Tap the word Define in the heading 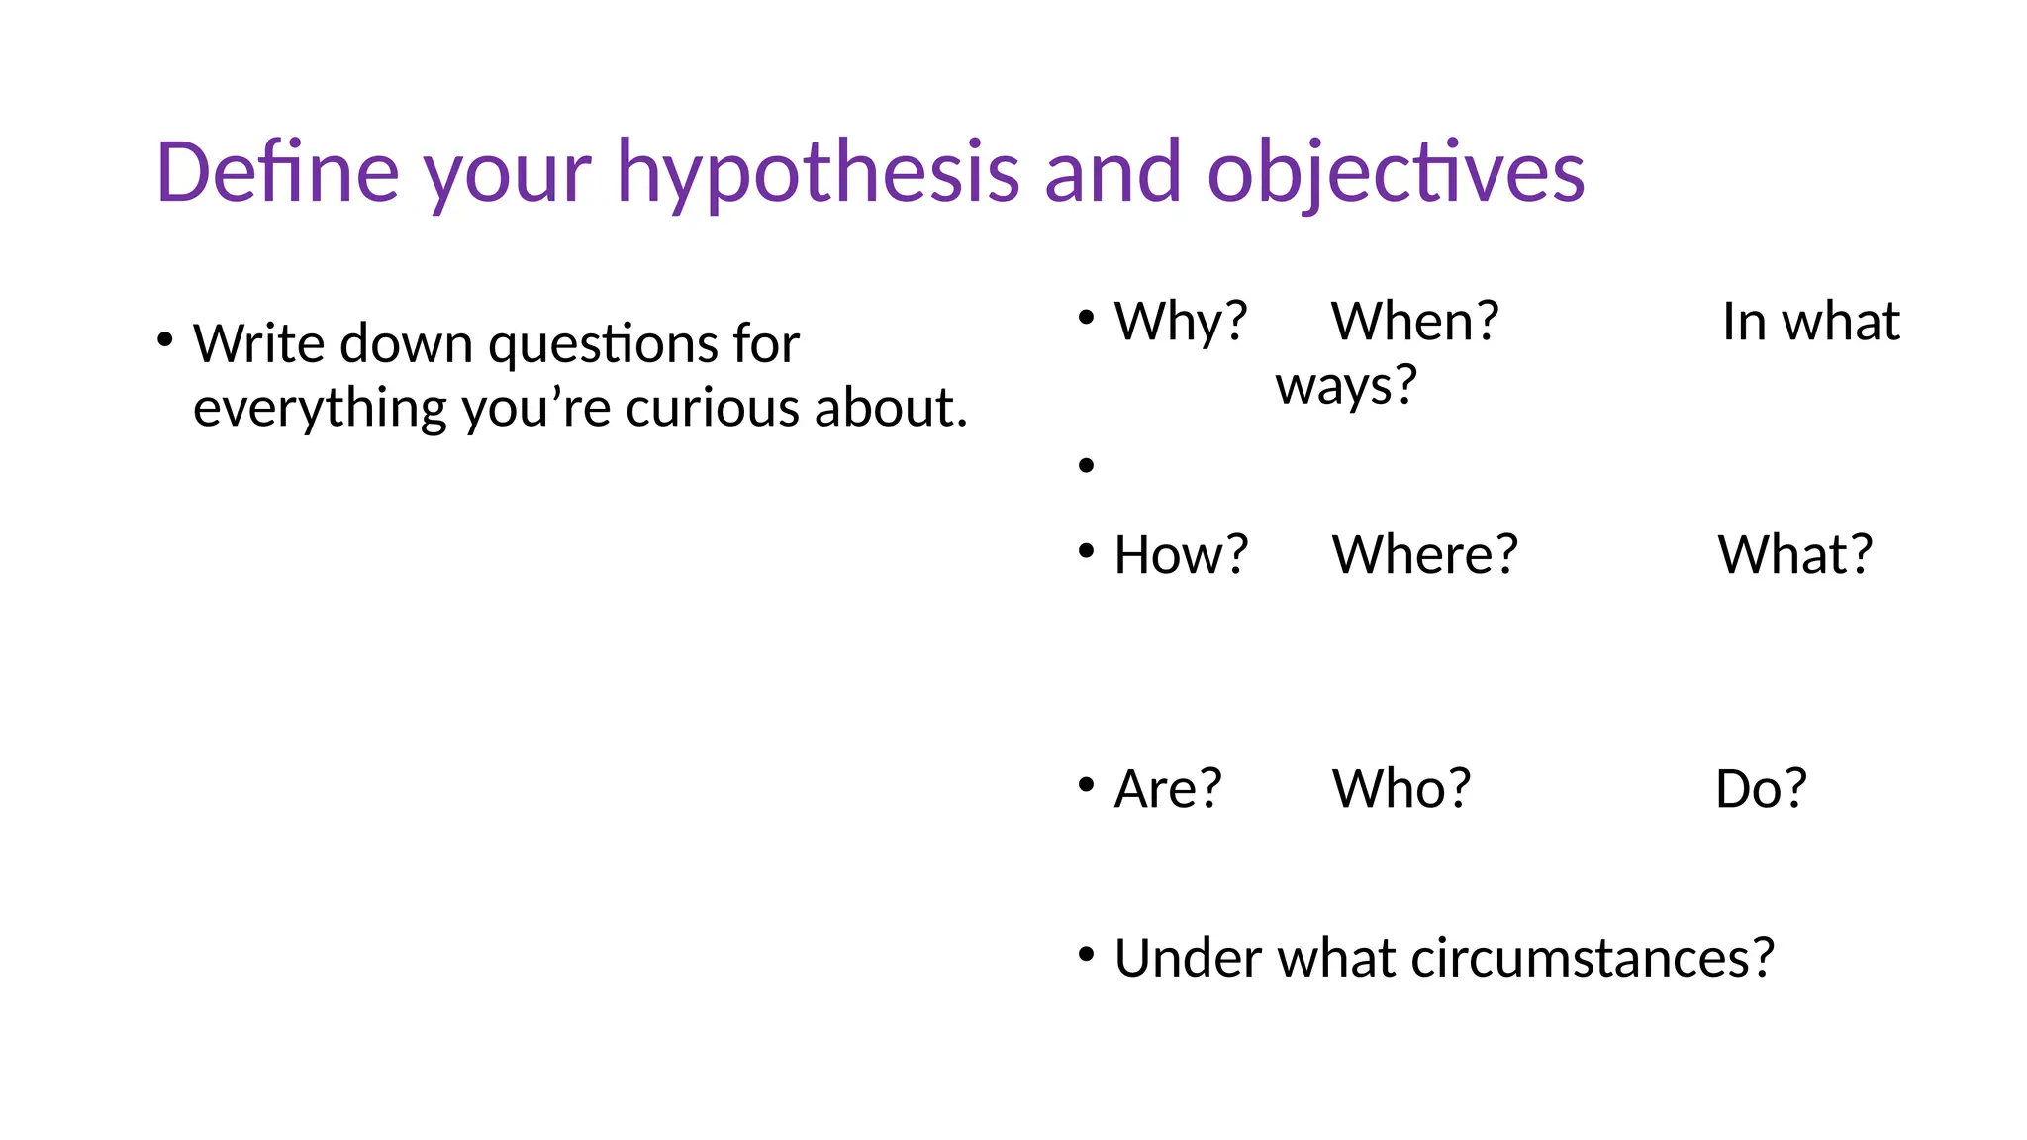[277, 172]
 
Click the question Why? [1180, 322]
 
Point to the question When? [1414, 322]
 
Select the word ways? [1346, 385]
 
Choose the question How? [1181, 554]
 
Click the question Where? [1424, 554]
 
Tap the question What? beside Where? [1794, 554]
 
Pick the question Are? [1168, 789]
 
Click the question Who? [1401, 789]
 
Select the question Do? [1761, 789]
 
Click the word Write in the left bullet [258, 343]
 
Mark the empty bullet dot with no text [1087, 465]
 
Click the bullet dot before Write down [164, 341]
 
